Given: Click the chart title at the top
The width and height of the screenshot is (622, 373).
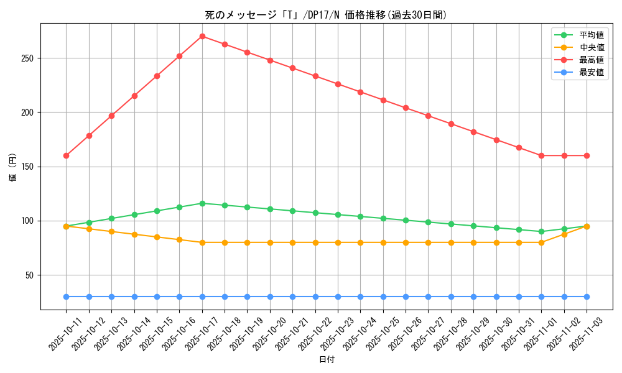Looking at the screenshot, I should coord(326,15).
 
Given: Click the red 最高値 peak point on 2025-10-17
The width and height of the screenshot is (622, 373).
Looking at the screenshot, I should coord(202,36).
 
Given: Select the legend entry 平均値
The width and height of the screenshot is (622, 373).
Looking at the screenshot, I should coord(591,35).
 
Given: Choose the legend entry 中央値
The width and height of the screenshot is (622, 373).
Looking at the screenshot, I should coord(591,48).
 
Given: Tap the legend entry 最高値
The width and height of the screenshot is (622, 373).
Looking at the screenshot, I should coord(591,60).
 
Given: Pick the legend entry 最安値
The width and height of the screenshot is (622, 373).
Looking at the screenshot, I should coord(591,73).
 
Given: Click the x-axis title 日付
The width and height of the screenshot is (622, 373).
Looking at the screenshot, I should coord(327,360).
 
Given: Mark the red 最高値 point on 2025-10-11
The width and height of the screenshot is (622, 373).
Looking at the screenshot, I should coord(66,155).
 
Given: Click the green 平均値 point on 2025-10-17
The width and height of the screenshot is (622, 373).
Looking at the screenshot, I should coord(202,203).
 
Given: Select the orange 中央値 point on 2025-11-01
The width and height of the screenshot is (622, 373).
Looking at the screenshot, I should coord(541,242).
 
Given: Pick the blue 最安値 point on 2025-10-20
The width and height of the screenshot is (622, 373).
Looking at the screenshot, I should coord(270,297).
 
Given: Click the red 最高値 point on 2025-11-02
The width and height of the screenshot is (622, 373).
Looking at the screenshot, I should coord(564,155).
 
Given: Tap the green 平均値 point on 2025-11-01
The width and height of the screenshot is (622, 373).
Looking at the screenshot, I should coord(541,231).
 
